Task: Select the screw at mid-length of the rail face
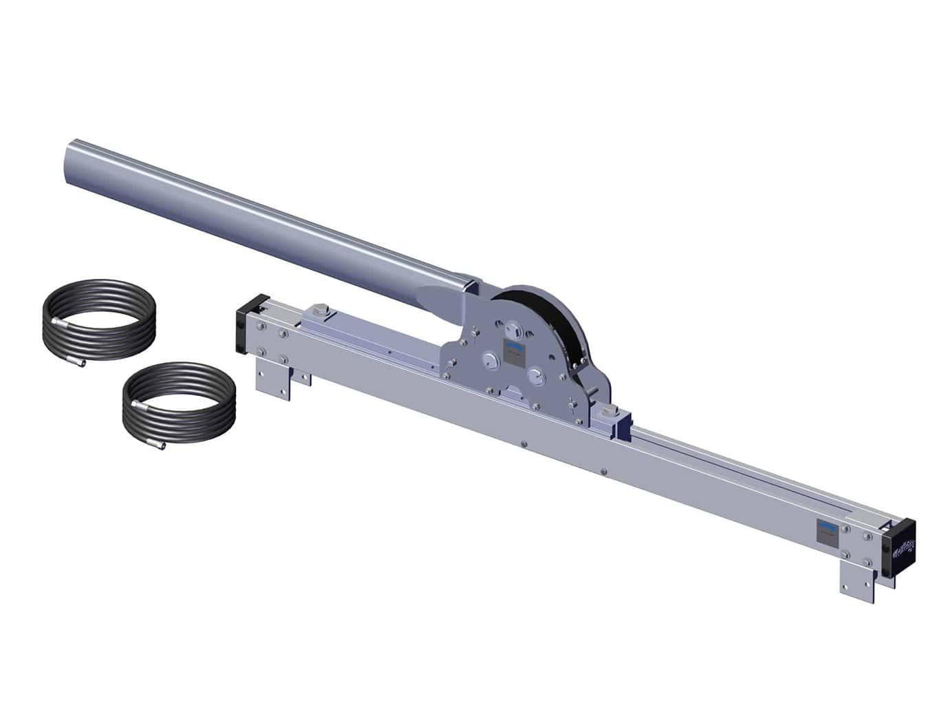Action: click(524, 444)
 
